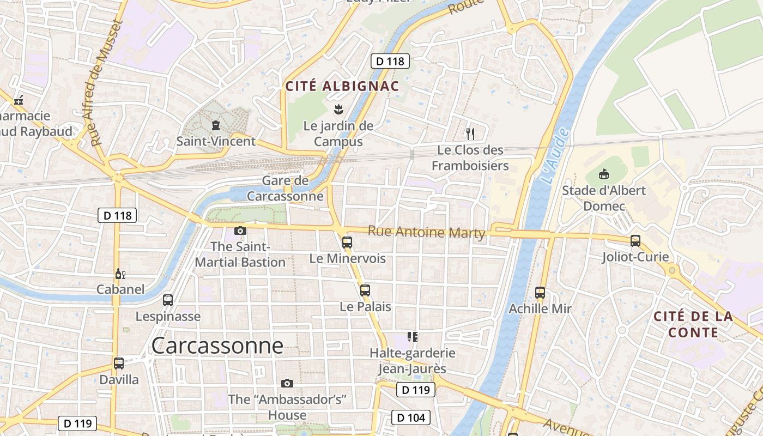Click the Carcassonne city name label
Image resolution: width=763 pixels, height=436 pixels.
(x=217, y=346)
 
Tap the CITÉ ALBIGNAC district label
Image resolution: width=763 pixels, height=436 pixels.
(x=342, y=86)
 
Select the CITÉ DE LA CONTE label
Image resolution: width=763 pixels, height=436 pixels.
(x=693, y=324)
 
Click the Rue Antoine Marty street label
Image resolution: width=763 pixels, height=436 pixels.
(x=426, y=232)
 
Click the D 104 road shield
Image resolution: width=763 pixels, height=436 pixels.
(x=411, y=418)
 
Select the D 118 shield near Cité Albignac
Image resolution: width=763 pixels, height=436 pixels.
(x=390, y=61)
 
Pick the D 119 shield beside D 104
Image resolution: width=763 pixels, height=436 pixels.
(x=415, y=390)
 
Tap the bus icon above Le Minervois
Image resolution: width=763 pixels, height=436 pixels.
(x=347, y=242)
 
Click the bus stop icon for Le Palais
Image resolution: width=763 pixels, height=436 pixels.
(x=365, y=290)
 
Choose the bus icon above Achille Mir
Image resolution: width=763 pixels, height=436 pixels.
(x=540, y=293)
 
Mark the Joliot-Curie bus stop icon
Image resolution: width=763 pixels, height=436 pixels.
(x=635, y=240)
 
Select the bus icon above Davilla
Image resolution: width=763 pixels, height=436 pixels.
(x=119, y=363)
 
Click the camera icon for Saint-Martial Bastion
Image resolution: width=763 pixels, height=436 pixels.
(x=240, y=231)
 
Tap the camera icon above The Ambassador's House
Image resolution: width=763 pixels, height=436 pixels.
(x=287, y=383)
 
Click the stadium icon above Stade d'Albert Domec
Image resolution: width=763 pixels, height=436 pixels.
(x=603, y=174)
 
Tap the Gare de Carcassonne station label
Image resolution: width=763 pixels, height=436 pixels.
(x=285, y=188)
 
